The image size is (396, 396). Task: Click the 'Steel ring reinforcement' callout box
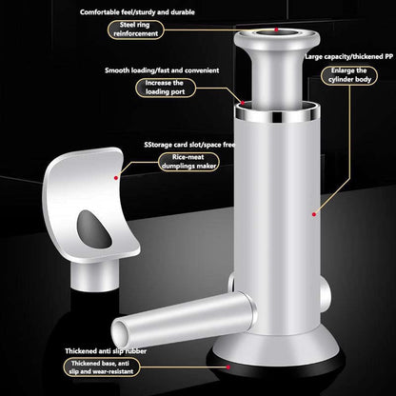click(135, 30)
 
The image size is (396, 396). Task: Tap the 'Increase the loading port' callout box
click(166, 88)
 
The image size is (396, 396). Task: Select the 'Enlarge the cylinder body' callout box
click(349, 75)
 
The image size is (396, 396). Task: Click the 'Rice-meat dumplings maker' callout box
click(189, 162)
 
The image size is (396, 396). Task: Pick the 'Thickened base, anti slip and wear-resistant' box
click(102, 367)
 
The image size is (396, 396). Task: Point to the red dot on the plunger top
click(276, 30)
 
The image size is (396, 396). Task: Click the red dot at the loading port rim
click(243, 103)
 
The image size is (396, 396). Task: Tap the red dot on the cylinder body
click(314, 214)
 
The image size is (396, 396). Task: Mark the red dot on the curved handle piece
click(116, 178)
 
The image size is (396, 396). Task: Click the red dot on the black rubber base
click(228, 367)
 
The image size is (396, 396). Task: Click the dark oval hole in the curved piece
click(94, 229)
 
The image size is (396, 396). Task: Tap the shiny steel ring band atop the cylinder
click(277, 116)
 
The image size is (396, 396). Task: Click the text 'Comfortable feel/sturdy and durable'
click(137, 12)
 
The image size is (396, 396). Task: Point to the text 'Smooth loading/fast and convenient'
click(162, 70)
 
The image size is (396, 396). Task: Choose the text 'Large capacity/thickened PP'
click(349, 56)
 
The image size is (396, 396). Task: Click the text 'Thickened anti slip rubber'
click(106, 351)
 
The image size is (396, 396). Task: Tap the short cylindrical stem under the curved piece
click(95, 275)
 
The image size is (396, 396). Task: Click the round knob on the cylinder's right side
click(325, 291)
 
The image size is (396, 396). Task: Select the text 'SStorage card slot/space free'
click(189, 145)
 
